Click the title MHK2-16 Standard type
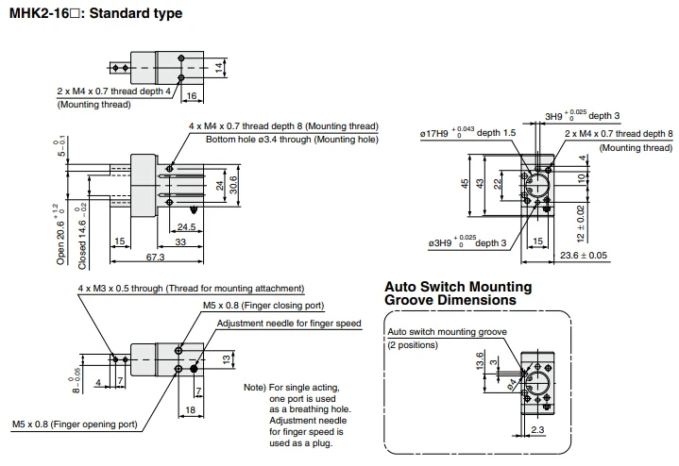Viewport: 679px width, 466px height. (x=95, y=13)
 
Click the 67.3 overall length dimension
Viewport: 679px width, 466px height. (x=155, y=257)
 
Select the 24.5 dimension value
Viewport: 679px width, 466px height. (x=186, y=226)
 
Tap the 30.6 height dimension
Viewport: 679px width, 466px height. (x=233, y=185)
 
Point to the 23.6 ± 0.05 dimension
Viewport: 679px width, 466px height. (x=584, y=256)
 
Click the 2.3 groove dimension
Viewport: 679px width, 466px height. (x=537, y=429)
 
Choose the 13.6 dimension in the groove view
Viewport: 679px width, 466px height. (x=480, y=361)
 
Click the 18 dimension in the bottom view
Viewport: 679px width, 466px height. (x=190, y=409)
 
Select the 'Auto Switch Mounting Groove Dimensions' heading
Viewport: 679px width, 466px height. (x=458, y=293)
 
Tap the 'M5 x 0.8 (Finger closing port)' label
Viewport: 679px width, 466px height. (x=263, y=306)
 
